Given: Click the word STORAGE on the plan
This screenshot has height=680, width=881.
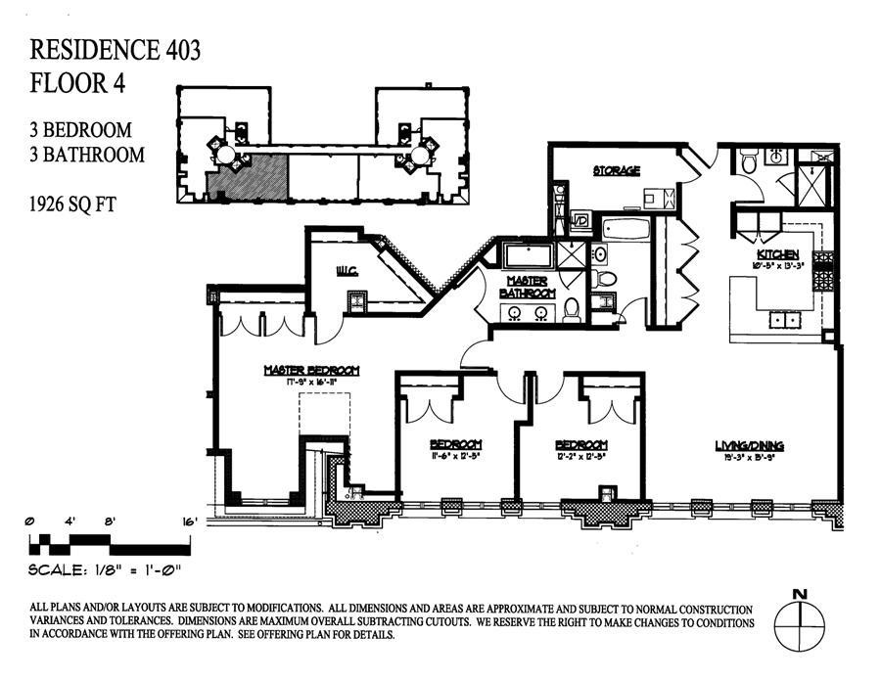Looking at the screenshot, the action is (616, 171).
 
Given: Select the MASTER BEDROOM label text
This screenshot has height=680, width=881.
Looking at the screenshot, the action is (312, 371).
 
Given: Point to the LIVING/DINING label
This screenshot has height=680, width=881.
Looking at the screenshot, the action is (749, 446).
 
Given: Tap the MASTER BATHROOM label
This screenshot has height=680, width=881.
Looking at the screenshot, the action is (529, 287).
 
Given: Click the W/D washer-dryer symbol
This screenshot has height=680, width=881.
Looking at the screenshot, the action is (579, 220).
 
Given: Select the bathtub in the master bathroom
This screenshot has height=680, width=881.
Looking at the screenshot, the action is (528, 256).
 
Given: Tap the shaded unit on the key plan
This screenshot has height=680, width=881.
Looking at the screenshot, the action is (248, 177).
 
